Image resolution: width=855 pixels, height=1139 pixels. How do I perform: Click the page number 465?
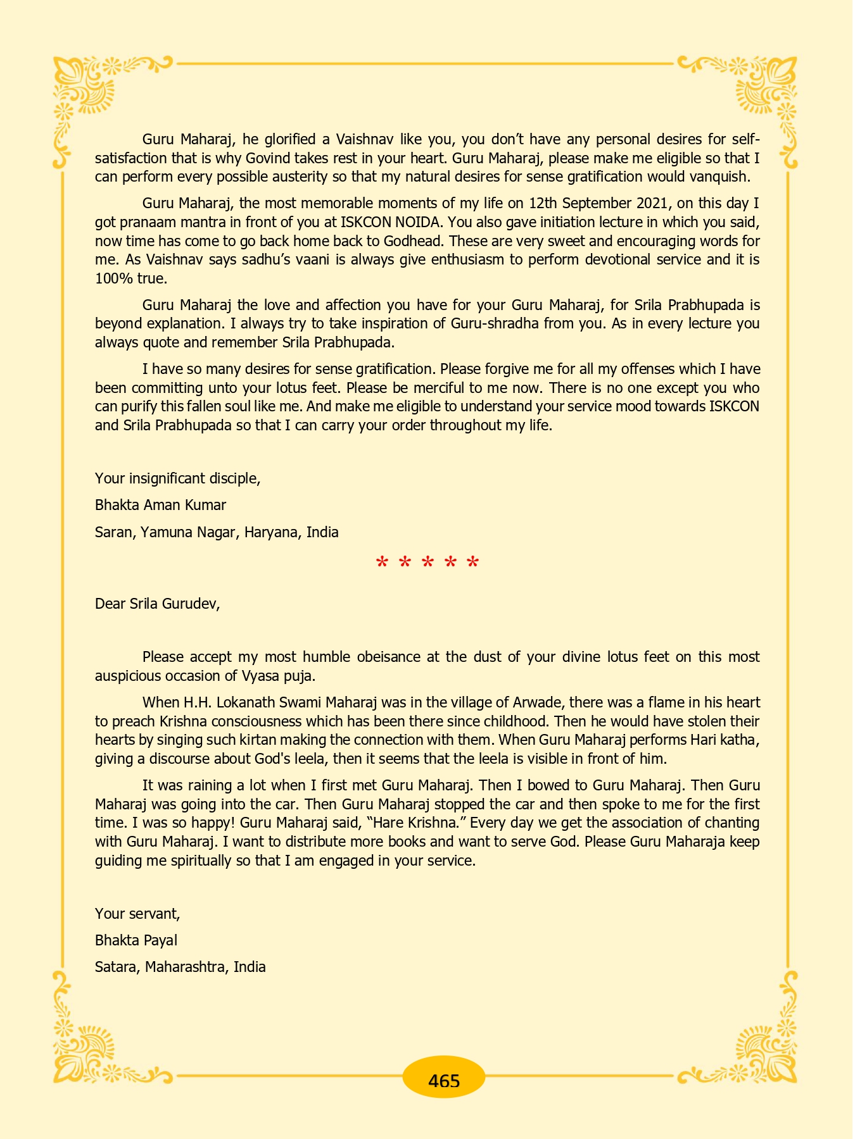[x=443, y=1081]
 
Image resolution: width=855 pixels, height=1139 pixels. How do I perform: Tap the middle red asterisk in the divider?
[x=427, y=563]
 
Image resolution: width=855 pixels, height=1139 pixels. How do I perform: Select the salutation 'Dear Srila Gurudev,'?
[x=157, y=604]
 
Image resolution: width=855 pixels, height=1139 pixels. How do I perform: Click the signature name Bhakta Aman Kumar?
[x=160, y=505]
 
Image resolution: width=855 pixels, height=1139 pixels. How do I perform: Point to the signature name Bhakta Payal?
[x=136, y=940]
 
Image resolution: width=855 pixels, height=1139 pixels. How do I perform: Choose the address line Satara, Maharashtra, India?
[x=180, y=967]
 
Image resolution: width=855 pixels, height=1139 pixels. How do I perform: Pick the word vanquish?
[x=719, y=177]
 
